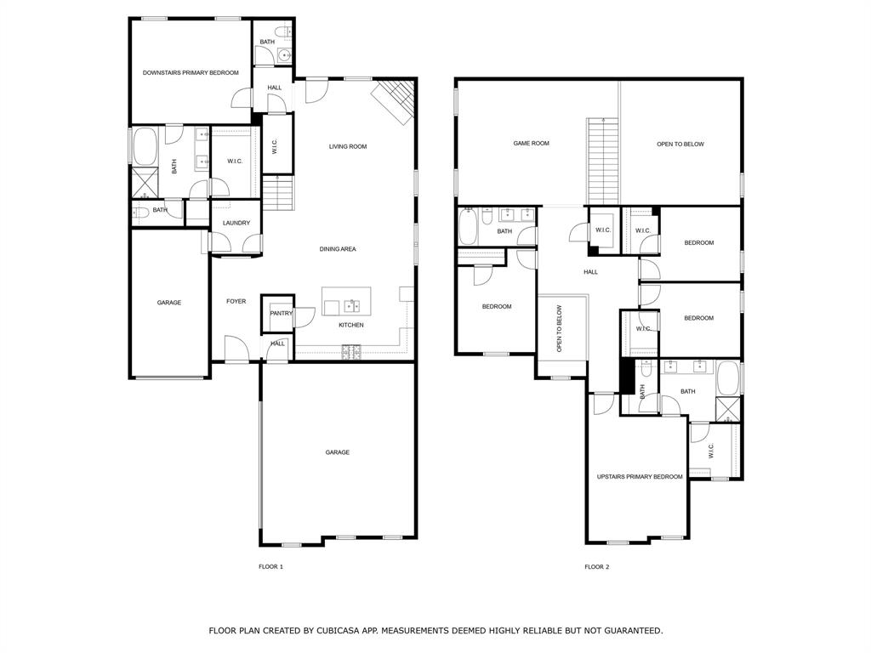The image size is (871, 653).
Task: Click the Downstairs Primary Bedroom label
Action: (x=191, y=73)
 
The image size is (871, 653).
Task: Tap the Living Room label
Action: (x=348, y=146)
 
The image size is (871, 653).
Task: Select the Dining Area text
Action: (x=338, y=249)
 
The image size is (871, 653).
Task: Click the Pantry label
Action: (x=282, y=313)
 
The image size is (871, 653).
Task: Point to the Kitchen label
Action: (x=351, y=325)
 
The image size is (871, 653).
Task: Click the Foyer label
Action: (x=236, y=301)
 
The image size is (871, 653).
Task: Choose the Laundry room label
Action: (x=236, y=223)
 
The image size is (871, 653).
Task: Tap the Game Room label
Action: (x=531, y=144)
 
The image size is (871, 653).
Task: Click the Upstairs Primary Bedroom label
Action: (x=640, y=477)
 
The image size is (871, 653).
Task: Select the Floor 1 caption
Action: (x=270, y=566)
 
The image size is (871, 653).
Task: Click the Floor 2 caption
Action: (x=596, y=566)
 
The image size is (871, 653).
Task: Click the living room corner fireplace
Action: (x=396, y=97)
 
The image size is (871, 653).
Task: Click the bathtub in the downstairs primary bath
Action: (x=144, y=146)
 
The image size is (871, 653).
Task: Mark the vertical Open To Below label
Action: (x=559, y=329)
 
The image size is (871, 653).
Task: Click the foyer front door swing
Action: (x=235, y=348)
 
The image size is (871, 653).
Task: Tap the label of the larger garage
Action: (x=338, y=452)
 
